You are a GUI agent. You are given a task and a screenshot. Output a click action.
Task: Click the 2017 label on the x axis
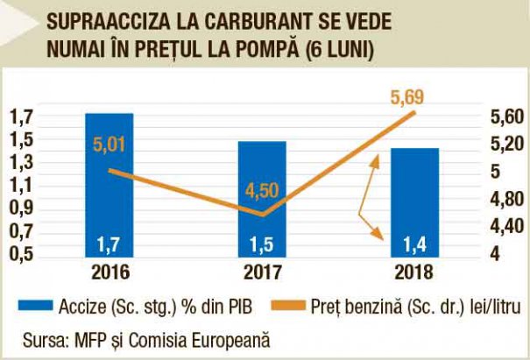(x=261, y=271)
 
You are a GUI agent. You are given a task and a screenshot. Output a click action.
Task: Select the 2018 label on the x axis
(x=413, y=271)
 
